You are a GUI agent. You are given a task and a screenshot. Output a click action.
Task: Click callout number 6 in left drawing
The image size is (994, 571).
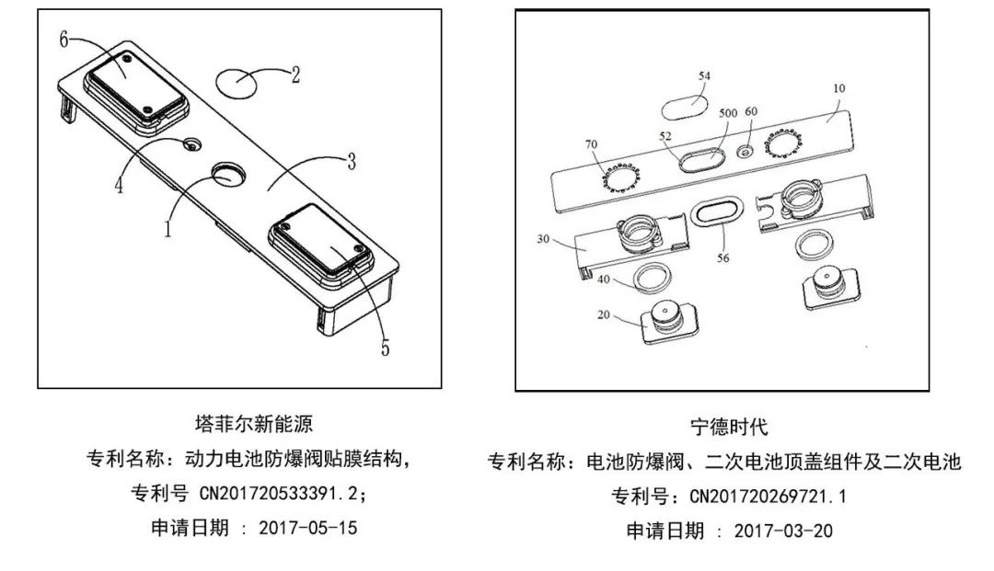(64, 39)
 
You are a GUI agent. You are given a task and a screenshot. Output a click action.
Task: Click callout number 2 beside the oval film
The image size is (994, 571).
(295, 75)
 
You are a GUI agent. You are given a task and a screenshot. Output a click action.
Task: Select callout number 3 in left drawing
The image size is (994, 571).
(352, 162)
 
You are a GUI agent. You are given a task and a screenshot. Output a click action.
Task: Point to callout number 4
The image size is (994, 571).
(119, 185)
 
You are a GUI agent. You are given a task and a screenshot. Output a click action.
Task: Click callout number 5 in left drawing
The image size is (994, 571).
(385, 348)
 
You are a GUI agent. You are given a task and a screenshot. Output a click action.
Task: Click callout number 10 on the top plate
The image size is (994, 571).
(838, 89)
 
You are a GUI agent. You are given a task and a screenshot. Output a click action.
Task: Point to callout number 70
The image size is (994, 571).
(590, 144)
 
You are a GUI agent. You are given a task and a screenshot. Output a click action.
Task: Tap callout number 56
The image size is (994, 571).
(723, 258)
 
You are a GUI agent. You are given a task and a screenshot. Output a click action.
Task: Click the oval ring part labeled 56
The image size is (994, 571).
(717, 211)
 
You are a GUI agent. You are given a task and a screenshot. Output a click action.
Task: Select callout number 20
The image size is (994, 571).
(603, 314)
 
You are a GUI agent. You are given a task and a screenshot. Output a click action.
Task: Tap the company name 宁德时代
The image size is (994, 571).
(728, 427)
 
